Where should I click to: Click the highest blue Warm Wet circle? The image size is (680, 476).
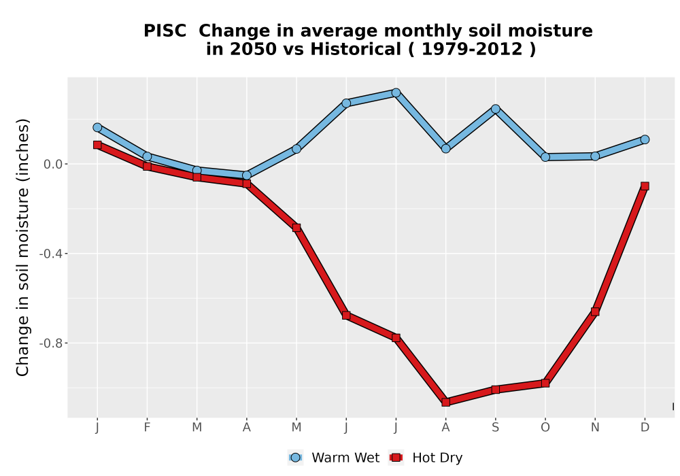click(x=396, y=92)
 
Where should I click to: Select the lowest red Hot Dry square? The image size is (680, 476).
click(x=446, y=402)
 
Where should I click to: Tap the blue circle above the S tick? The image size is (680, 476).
click(x=495, y=109)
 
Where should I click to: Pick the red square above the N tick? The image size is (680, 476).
click(x=595, y=311)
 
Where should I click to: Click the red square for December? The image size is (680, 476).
click(x=645, y=186)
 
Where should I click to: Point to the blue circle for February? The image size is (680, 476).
click(x=147, y=156)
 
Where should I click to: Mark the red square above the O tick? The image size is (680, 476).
click(x=545, y=383)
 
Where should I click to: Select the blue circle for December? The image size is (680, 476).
click(x=645, y=139)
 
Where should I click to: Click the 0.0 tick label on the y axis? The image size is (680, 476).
click(x=53, y=164)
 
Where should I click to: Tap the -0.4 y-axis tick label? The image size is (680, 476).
click(x=51, y=254)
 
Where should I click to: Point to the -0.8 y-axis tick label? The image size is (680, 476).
click(x=51, y=343)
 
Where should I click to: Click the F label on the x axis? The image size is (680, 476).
click(x=147, y=428)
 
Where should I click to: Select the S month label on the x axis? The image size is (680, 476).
click(x=495, y=428)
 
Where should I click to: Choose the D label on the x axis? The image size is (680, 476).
click(x=645, y=428)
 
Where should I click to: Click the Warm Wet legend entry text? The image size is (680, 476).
click(x=345, y=458)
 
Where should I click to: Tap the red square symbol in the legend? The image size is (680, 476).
click(x=396, y=458)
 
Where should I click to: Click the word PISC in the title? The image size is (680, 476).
click(x=165, y=31)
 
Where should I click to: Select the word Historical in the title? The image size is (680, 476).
click(x=356, y=49)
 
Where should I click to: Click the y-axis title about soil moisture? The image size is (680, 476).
click(x=22, y=247)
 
